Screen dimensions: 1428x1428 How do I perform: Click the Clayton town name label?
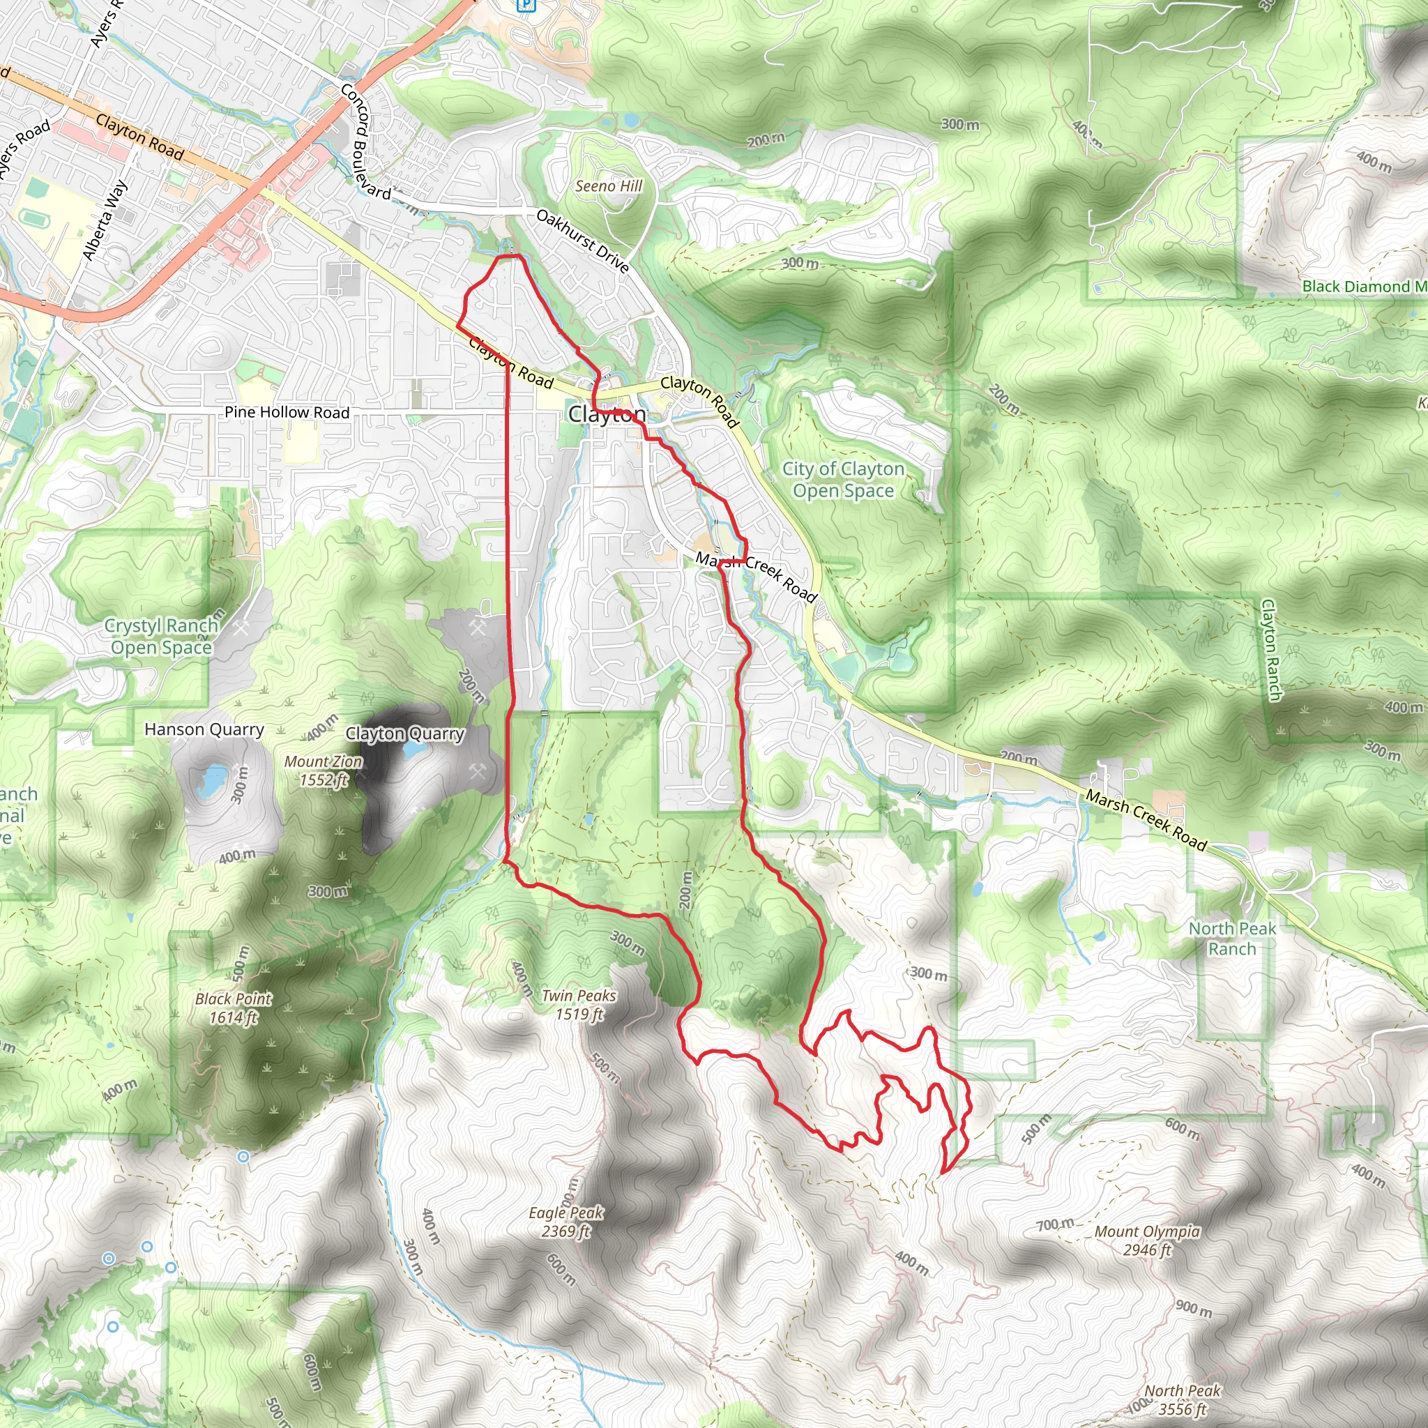[x=607, y=415]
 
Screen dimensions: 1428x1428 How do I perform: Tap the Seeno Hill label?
[x=609, y=186]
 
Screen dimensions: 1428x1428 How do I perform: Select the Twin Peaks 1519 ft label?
[x=579, y=1005]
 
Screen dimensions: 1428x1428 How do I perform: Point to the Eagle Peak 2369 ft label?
[x=566, y=1222]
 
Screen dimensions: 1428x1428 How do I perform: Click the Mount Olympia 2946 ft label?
[x=1147, y=1240]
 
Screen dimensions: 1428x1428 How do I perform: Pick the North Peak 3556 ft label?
[x=1182, y=1400]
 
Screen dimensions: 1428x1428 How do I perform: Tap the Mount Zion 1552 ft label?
[x=324, y=770]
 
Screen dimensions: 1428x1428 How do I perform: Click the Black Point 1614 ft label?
[x=234, y=1008]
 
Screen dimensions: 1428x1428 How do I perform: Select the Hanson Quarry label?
[x=204, y=729]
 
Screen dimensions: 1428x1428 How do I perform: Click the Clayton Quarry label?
[x=405, y=734]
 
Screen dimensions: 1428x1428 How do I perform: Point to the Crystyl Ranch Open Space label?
[x=162, y=637]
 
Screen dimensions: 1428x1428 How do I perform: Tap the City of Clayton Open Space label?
[x=844, y=480]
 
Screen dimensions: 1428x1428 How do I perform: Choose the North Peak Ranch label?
[x=1232, y=939]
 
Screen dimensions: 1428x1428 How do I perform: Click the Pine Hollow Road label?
[x=287, y=413]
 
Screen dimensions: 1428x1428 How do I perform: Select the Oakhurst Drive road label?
[x=582, y=241]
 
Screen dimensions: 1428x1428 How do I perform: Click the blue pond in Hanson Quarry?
[x=213, y=778]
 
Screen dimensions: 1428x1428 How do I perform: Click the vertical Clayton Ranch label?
[x=1270, y=650]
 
